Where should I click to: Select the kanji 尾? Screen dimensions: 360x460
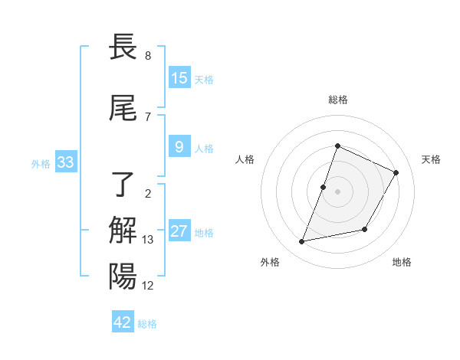pyautogui.click(x=123, y=110)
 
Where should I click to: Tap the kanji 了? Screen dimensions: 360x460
pyautogui.click(x=123, y=184)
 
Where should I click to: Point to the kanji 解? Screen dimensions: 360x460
pyautogui.click(x=123, y=230)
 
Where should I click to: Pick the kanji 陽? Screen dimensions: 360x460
pyautogui.click(x=123, y=276)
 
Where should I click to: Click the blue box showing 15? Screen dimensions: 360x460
pyautogui.click(x=179, y=78)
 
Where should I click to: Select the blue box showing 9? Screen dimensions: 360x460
pyautogui.click(x=179, y=147)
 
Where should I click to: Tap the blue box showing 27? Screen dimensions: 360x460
pyautogui.click(x=179, y=231)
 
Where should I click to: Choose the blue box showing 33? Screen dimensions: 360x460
pyautogui.click(x=66, y=162)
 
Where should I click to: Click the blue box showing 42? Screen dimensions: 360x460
pyautogui.click(x=123, y=322)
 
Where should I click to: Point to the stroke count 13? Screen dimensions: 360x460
pyautogui.click(x=148, y=240)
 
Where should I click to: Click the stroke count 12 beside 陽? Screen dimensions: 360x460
pyautogui.click(x=148, y=286)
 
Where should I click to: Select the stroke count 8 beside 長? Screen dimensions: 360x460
pyautogui.click(x=148, y=56)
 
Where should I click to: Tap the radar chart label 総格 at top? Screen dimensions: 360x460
pyautogui.click(x=338, y=100)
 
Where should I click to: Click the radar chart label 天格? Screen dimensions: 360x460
pyautogui.click(x=431, y=159)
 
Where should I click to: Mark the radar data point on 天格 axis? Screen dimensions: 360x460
pyautogui.click(x=396, y=172)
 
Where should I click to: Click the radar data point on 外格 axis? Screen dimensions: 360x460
pyautogui.click(x=302, y=242)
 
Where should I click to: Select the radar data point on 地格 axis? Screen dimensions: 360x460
pyautogui.click(x=365, y=229)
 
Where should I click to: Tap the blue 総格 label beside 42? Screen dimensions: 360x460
pyautogui.click(x=147, y=324)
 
